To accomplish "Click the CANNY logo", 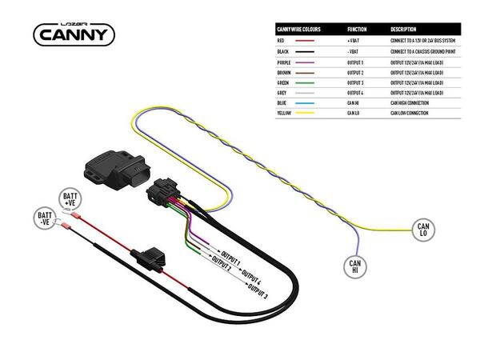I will coord(74,33).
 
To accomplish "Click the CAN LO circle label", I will coord(423,230).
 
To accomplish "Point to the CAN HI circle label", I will coord(355,266).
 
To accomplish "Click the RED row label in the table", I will coord(281,40).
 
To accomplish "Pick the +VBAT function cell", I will coord(354,40).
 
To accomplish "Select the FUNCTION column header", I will coord(358,29).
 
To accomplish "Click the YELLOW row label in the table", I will coord(283,113).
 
